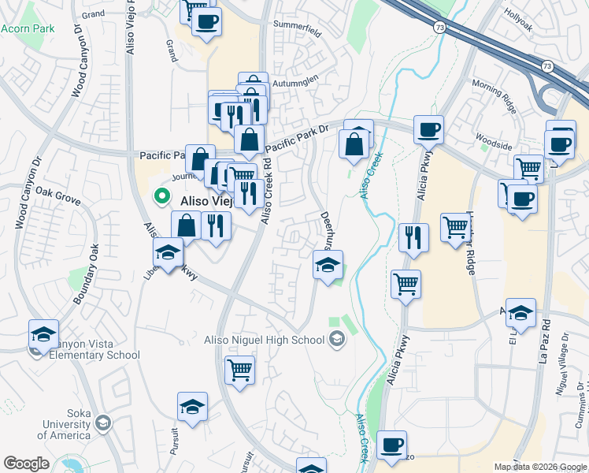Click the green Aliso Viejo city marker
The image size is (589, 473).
pos(163,196)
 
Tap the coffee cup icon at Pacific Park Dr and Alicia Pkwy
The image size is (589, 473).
pos(428,130)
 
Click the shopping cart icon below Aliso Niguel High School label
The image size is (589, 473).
pos(239,369)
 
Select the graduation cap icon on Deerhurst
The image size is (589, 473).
pos(328,265)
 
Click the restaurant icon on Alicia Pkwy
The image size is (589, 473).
pos(413,237)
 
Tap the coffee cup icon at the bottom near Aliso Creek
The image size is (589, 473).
pos(391,445)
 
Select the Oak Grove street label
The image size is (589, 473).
pos(57,196)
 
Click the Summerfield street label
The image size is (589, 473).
pos(297,33)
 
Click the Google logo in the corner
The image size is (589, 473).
pos(27,464)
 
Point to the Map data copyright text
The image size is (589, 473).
pos(540,467)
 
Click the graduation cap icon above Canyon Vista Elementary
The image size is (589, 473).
pos(44,334)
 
